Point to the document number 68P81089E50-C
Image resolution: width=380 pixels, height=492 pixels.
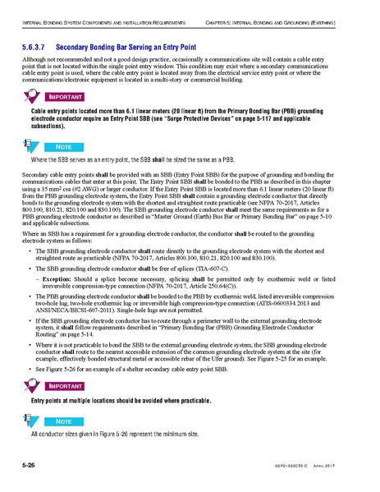pyautogui.click(x=308, y=467)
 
